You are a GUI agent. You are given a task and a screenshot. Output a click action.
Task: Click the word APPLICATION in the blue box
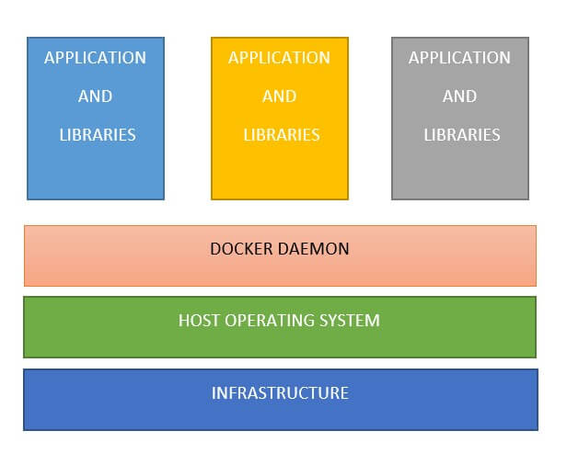pyautogui.click(x=95, y=58)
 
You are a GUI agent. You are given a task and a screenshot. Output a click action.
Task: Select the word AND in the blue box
pyautogui.click(x=95, y=96)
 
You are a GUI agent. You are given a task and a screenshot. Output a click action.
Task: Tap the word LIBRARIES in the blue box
pyautogui.click(x=97, y=135)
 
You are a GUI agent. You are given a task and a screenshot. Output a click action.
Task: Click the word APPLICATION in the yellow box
pyautogui.click(x=279, y=58)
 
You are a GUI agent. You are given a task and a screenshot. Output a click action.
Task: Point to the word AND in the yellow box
pyautogui.click(x=279, y=96)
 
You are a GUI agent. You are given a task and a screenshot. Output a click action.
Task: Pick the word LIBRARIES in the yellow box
pyautogui.click(x=281, y=135)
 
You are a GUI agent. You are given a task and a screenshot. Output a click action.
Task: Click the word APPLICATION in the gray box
pyautogui.click(x=459, y=58)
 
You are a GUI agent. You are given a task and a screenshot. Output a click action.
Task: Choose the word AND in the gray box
pyautogui.click(x=459, y=96)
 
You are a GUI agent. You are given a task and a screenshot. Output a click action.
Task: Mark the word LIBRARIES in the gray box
pyautogui.click(x=461, y=135)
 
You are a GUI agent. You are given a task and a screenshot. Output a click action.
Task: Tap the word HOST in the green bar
pyautogui.click(x=198, y=321)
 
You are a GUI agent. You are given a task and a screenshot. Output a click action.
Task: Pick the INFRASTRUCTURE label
pyautogui.click(x=280, y=393)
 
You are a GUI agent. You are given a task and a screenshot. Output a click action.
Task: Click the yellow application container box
pyautogui.click(x=280, y=170)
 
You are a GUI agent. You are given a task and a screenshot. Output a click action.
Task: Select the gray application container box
pyautogui.click(x=460, y=170)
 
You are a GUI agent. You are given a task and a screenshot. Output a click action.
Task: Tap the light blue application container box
pyautogui.click(x=96, y=170)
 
